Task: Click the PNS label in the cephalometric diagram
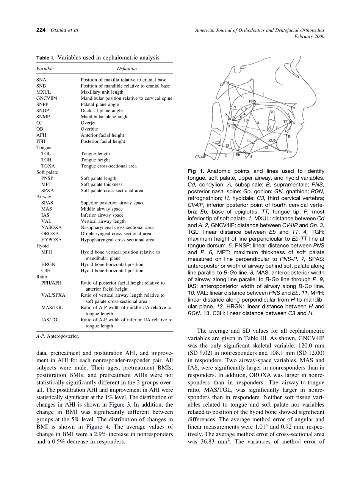tap(253, 101)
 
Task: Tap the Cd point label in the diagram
tap(226, 83)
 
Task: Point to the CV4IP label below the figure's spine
tap(200, 156)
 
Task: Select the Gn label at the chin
tap(289, 152)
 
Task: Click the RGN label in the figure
tap(272, 140)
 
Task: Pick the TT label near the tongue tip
tap(286, 122)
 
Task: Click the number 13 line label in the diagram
tap(227, 146)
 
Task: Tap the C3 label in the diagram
tap(218, 142)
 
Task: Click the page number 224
tap(41, 30)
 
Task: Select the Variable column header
tap(45, 69)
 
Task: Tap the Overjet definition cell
tap(88, 123)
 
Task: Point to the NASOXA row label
tap(52, 227)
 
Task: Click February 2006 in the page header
tap(309, 36)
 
